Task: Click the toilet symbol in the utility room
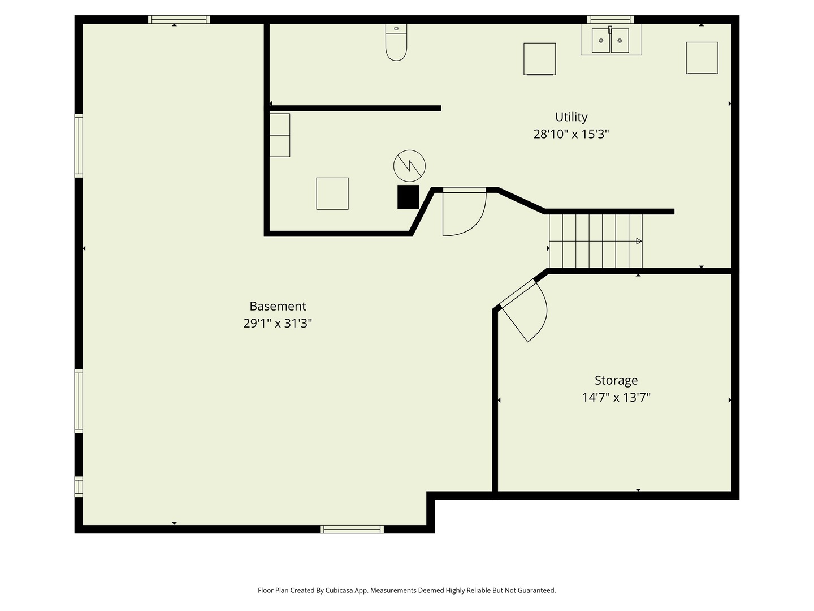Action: [x=396, y=42]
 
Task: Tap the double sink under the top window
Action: [x=610, y=40]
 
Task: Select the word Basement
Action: [x=278, y=306]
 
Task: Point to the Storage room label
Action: [x=616, y=380]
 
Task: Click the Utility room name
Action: [x=571, y=117]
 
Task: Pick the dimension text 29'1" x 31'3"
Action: [x=278, y=323]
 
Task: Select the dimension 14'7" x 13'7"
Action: [x=616, y=397]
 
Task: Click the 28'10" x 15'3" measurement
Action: [x=571, y=134]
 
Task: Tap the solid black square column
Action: [x=408, y=197]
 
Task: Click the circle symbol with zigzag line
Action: [x=409, y=166]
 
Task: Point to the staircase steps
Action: [x=595, y=241]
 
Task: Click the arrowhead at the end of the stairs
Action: [x=639, y=241]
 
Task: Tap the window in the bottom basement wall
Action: [x=352, y=529]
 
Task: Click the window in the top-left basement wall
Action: [x=179, y=19]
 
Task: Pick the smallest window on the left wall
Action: [x=79, y=487]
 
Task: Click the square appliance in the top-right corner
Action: [x=702, y=58]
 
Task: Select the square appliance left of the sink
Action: [x=540, y=59]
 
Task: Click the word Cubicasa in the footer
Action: [x=339, y=590]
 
